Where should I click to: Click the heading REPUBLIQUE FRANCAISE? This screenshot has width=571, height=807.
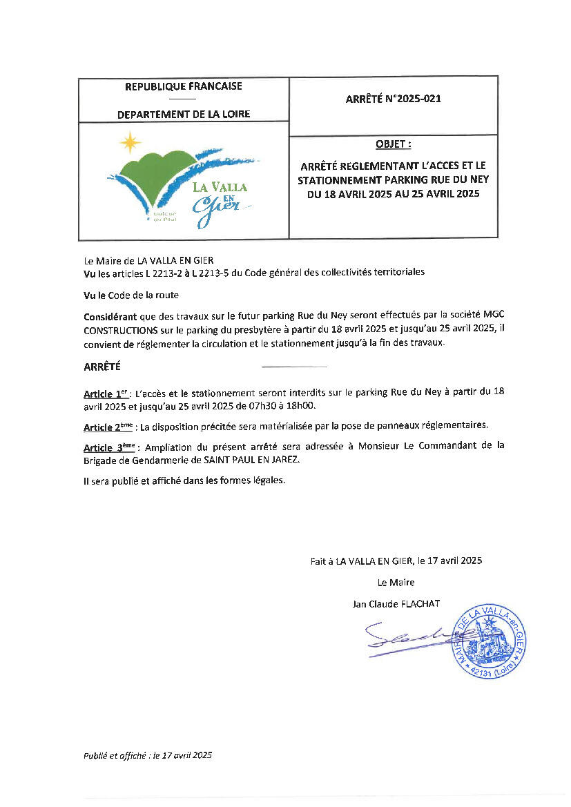click(x=183, y=87)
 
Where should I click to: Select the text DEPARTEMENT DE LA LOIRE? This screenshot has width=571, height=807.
click(x=184, y=114)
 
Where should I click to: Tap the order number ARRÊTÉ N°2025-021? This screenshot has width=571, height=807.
click(x=393, y=99)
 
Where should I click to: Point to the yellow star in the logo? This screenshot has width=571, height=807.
click(x=128, y=143)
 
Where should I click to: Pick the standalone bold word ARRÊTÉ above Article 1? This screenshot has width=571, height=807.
click(x=102, y=367)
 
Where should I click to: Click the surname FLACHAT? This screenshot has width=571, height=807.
click(x=420, y=604)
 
